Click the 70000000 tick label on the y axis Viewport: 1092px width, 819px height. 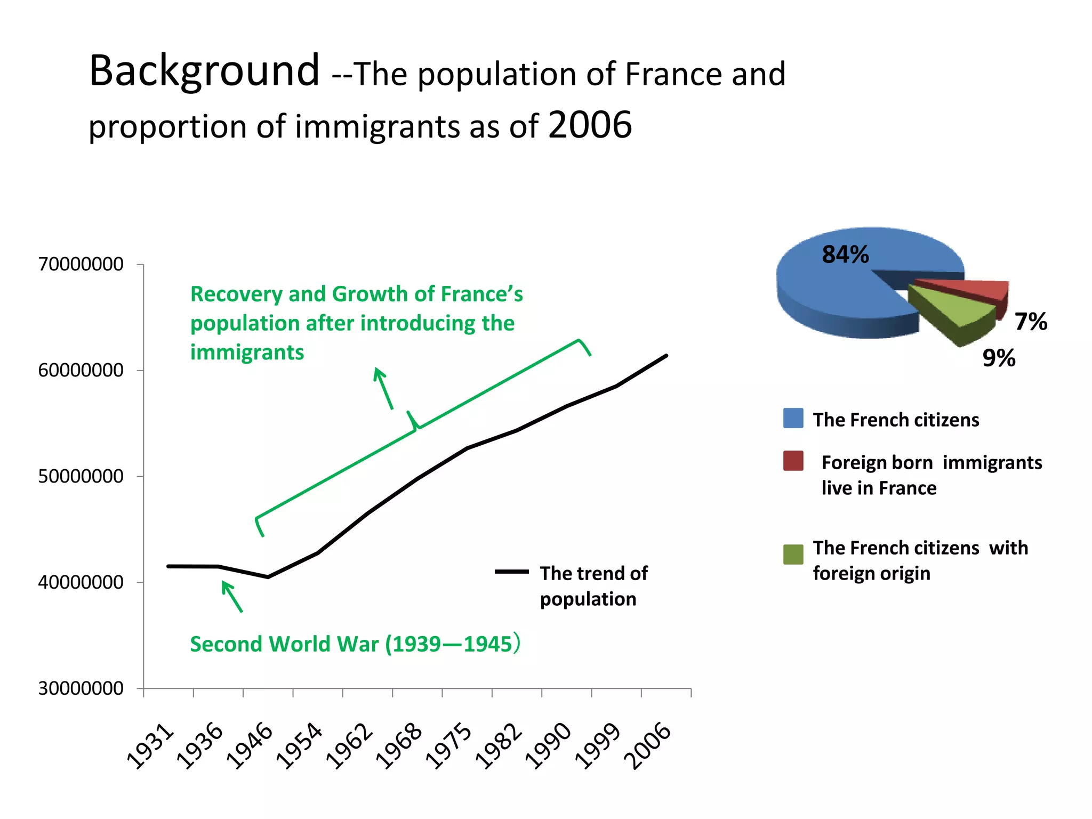81,264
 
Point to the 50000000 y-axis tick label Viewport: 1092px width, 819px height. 81,477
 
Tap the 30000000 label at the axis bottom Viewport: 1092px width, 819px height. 81,689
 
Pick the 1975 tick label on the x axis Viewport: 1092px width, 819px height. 449,746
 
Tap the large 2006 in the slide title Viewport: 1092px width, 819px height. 590,125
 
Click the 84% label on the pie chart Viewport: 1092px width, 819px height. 845,255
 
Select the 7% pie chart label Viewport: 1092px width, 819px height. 1030,322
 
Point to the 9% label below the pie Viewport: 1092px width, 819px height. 999,358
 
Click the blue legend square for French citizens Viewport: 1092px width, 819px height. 793,419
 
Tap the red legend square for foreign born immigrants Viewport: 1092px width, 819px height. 793,461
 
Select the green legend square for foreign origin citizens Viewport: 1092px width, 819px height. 793,555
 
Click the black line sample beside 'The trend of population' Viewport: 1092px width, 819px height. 511,572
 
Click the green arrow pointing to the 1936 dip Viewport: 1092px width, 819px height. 232,597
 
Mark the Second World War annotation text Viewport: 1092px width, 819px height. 355,644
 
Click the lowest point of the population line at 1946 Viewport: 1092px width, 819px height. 268,577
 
